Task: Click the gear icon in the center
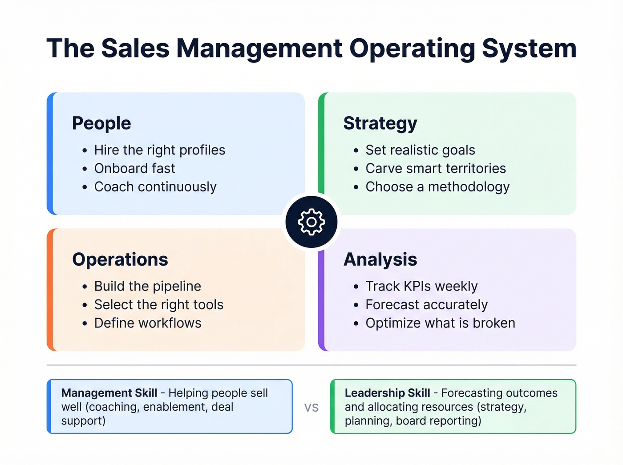311,222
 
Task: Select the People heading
101,123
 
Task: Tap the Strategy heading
380,123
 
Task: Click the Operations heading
120,259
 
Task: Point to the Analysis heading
380,259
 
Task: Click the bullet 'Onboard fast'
134,168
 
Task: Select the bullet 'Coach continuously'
155,187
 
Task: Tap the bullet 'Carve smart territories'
436,168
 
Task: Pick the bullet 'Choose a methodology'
437,187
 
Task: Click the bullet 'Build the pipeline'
147,286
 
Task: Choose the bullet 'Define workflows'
148,323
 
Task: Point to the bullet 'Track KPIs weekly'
421,286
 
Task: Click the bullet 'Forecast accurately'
426,305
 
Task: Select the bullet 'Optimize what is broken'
440,323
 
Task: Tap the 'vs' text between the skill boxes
311,407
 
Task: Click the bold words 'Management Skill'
109,393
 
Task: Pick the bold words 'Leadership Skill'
387,393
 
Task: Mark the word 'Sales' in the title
135,49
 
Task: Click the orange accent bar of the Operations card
50,290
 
